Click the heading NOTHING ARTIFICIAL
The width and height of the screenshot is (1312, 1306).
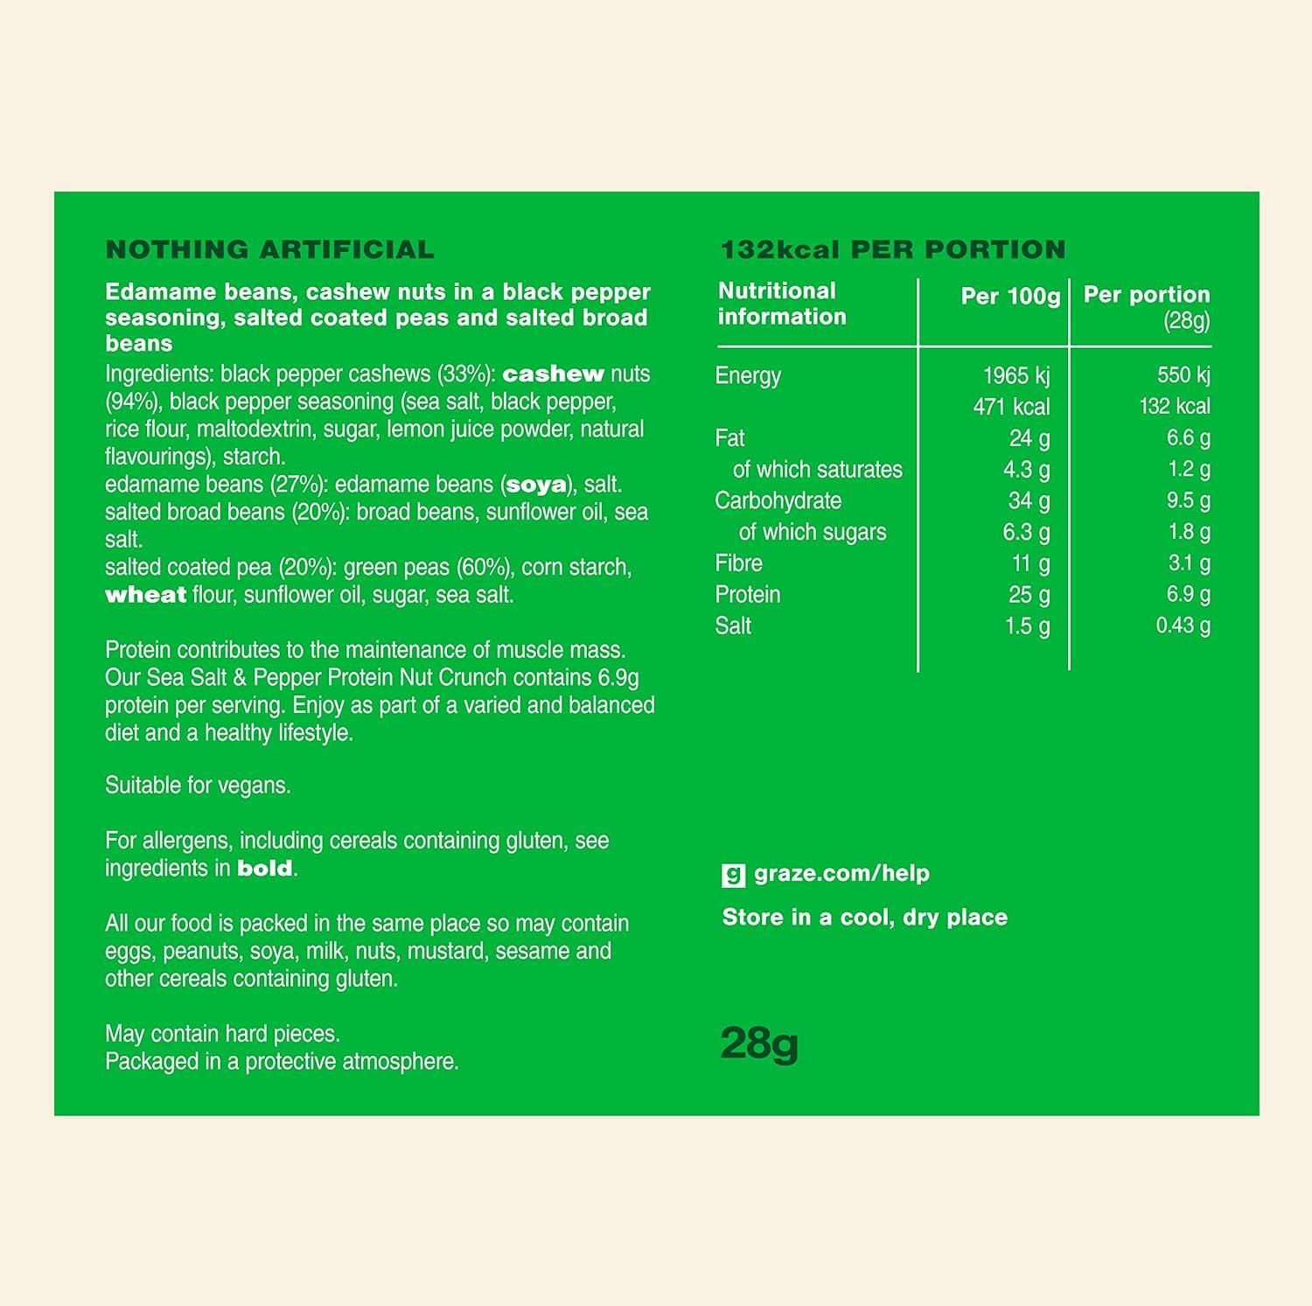tap(269, 250)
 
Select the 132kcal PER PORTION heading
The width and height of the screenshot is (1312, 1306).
tap(892, 250)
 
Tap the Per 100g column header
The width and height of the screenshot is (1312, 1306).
tap(1010, 297)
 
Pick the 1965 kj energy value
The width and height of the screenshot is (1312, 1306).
tap(1015, 376)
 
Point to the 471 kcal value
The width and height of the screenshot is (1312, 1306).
tap(1011, 407)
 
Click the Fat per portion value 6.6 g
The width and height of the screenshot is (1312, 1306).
tap(1188, 437)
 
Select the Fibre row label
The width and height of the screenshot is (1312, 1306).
tap(738, 563)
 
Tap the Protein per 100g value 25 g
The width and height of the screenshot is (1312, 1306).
tap(1029, 595)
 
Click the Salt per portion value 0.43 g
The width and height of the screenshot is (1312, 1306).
tap(1183, 625)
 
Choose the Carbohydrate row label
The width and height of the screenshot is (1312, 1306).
tap(778, 501)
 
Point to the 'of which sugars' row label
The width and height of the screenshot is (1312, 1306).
tap(812, 532)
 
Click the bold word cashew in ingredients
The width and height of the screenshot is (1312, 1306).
tap(553, 374)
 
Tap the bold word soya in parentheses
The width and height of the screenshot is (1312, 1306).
tap(536, 485)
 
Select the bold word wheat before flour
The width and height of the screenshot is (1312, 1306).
tap(145, 596)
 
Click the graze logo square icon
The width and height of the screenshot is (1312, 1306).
tap(733, 875)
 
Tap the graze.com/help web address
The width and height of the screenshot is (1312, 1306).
tap(841, 873)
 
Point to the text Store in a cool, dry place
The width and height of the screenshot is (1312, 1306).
tap(864, 918)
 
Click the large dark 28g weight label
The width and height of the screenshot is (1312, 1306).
tap(759, 1044)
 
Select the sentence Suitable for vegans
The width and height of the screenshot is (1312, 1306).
tap(198, 786)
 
